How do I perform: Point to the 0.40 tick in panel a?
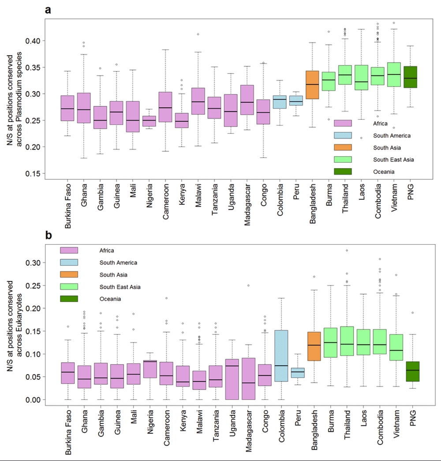[x=41, y=41]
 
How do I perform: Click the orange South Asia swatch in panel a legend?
[x=343, y=147]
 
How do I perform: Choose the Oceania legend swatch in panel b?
[x=69, y=299]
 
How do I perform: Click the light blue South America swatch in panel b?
[x=69, y=262]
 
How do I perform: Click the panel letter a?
[x=48, y=9]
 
